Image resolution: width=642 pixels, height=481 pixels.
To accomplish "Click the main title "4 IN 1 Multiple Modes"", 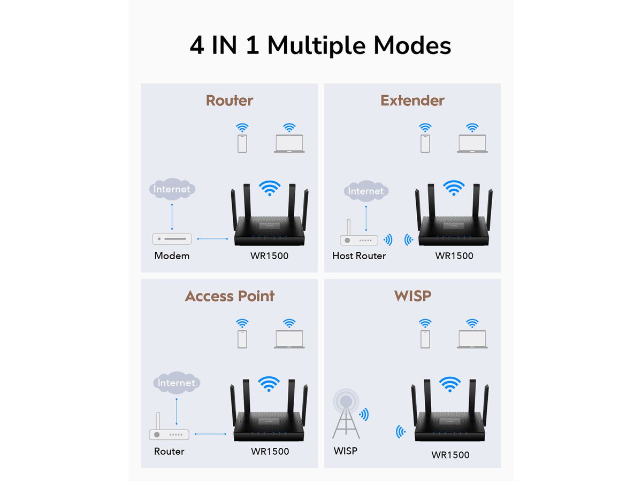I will point(320,45).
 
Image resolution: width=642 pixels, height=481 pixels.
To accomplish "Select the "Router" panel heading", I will point(229,100).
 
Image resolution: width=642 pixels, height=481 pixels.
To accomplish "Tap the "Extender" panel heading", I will point(412,100).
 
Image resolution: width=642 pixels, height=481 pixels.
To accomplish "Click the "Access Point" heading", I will point(230,296).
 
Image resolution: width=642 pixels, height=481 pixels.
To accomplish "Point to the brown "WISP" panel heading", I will point(412,296).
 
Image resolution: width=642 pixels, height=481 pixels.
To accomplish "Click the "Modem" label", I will point(172,256).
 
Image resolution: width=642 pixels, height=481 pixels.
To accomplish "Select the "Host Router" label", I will point(358,256).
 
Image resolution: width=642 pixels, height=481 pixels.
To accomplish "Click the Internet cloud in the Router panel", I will point(172,189).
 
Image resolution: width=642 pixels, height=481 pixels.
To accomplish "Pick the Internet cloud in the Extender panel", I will point(366,191).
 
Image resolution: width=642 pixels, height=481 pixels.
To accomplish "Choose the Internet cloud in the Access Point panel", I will point(177,383).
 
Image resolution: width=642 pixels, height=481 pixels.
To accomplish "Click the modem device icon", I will point(172,239).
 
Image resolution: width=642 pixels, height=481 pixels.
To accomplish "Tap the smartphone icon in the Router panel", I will point(242,143).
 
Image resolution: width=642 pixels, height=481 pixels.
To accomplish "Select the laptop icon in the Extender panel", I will point(472,144).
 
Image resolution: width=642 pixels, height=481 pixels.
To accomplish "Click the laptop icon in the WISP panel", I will point(472,339).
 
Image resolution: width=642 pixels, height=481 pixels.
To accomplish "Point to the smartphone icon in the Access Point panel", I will point(242,339).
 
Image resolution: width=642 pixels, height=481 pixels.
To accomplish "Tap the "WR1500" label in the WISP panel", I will point(450,455).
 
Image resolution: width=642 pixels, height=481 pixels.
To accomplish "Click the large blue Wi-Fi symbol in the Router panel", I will point(270,188).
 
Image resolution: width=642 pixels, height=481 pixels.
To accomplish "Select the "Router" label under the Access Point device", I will point(169,452).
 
